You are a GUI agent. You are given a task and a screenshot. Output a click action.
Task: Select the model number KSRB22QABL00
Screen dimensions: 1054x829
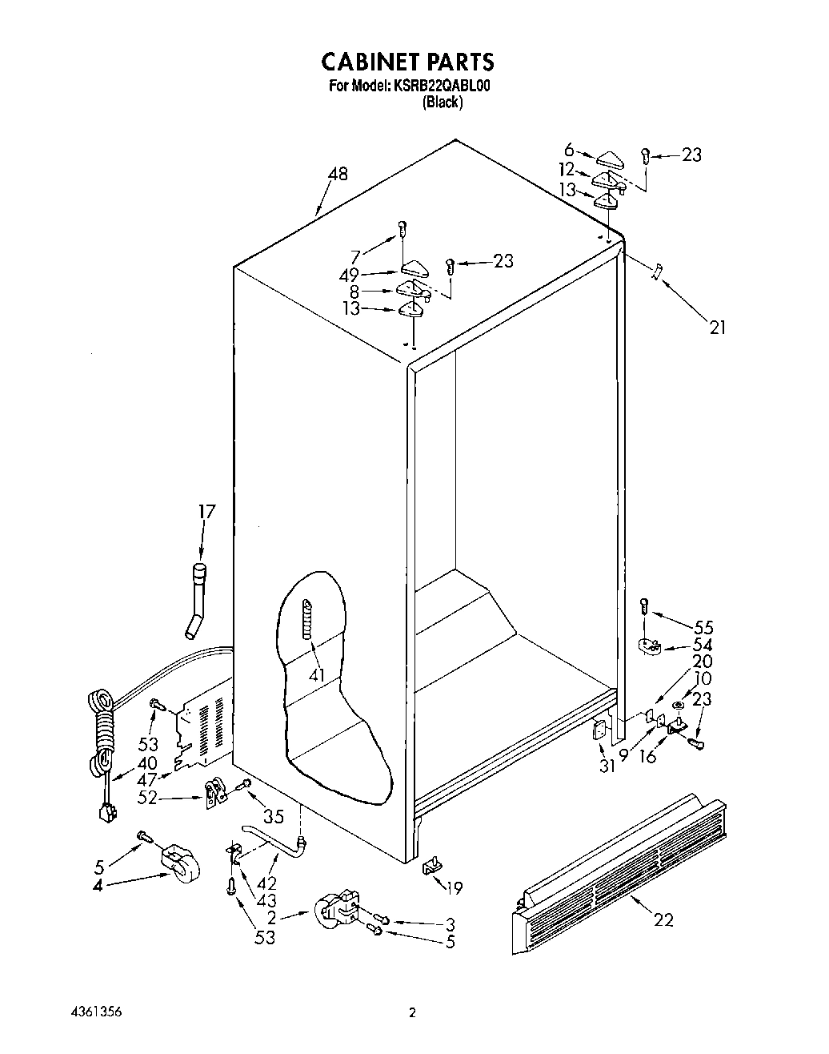tap(439, 86)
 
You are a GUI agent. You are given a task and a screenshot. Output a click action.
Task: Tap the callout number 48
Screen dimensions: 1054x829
tap(338, 174)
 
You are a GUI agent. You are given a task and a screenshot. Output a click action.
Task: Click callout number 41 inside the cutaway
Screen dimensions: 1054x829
tap(318, 674)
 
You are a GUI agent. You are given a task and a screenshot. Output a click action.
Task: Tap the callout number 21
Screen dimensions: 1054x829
tap(717, 326)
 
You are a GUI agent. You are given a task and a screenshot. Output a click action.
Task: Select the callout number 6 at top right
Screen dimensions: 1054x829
tap(569, 149)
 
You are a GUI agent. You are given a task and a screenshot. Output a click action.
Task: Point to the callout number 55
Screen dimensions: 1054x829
tap(703, 627)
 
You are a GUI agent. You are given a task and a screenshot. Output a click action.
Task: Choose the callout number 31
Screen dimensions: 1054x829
tap(607, 766)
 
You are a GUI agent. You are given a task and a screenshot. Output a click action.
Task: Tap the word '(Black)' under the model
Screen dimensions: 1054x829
tap(443, 103)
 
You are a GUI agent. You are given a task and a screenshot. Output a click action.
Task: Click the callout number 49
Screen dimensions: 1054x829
tap(348, 276)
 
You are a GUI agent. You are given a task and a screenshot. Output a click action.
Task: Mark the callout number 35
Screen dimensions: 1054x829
tap(274, 817)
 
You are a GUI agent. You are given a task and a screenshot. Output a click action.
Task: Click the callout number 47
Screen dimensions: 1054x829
tap(146, 780)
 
